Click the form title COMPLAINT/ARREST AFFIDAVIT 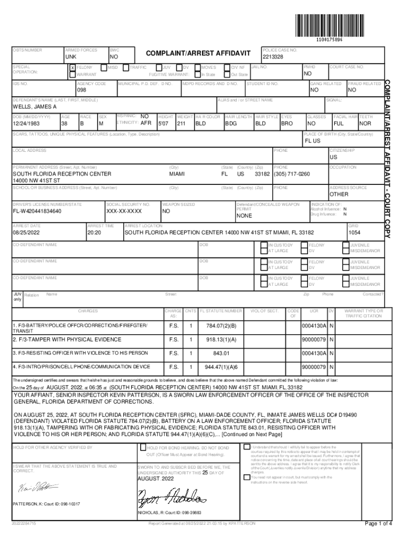point(198,54)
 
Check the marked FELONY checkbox point(72,68)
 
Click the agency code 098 point(84,90)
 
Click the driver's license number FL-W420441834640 point(37,211)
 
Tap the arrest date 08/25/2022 point(27,232)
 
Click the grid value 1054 point(355,232)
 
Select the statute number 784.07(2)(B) point(221,327)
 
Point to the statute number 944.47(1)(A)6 point(221,366)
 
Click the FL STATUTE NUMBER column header point(221,311)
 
